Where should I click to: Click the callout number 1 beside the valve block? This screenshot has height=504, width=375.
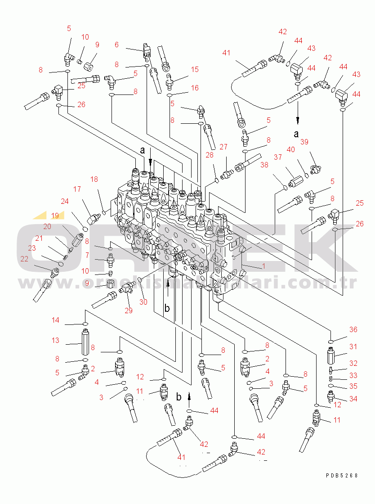click(263, 266)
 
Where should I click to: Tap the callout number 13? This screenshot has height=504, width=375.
click(55, 341)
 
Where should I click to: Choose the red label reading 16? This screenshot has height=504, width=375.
click(195, 88)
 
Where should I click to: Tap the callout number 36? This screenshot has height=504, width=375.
click(353, 330)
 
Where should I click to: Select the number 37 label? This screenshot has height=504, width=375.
click(278, 157)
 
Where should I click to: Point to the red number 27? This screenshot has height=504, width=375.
click(223, 147)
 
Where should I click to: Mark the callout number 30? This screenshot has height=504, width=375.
click(143, 302)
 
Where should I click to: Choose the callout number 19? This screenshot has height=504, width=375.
click(55, 215)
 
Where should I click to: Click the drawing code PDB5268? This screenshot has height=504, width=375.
click(342, 475)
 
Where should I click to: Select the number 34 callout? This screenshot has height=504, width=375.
click(353, 399)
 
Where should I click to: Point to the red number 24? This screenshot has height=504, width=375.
click(65, 201)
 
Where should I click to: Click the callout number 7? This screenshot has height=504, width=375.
click(87, 256)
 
